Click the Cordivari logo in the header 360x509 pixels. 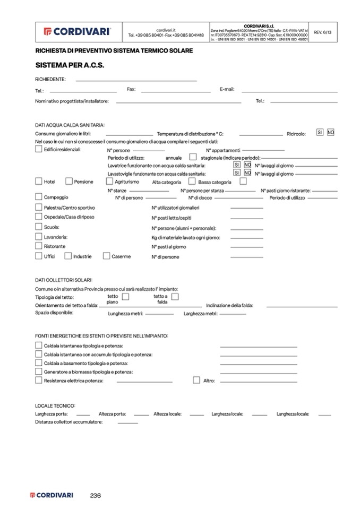point(77,31)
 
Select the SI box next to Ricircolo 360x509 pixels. point(320,132)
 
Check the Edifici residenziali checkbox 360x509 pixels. point(39,149)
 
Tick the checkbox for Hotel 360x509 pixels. point(39,181)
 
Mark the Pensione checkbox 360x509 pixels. point(69,181)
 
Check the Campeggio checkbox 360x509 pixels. point(39,196)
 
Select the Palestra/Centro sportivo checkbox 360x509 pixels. point(39,206)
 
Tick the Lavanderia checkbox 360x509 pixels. point(39,236)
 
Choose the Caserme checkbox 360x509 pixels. point(106,256)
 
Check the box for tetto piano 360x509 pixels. point(125,297)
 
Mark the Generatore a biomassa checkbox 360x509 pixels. point(39,372)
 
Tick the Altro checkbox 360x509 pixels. point(196,380)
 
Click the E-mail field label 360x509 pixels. point(227,90)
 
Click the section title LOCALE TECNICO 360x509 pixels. point(55,404)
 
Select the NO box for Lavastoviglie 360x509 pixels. point(247,173)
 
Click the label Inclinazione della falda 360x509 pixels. point(229,305)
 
